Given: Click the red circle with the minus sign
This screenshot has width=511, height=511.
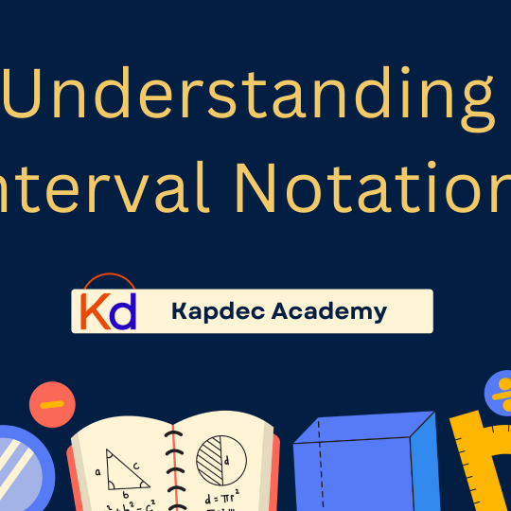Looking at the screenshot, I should point(53,404).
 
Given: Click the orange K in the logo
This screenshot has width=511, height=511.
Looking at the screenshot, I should point(93,310).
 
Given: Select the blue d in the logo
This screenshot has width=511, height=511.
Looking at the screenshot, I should point(123,310).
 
